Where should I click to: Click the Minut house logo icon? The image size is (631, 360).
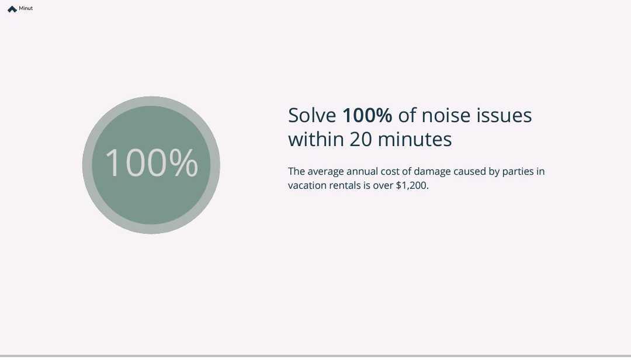(x=12, y=9)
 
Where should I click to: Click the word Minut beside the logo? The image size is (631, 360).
(x=26, y=9)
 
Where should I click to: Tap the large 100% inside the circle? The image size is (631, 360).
(x=151, y=163)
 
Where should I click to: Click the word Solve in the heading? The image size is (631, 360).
(x=312, y=116)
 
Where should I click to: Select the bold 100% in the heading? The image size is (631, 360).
(x=367, y=116)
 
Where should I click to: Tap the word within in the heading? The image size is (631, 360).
(x=315, y=140)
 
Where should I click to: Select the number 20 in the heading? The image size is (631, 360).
(x=361, y=140)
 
